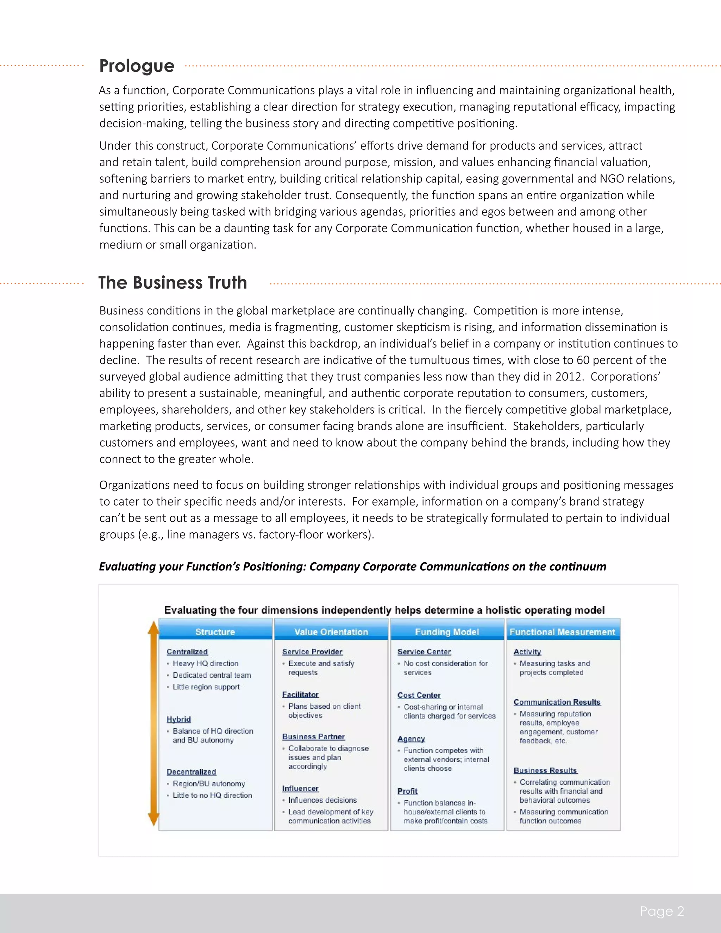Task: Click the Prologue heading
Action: pyautogui.click(x=137, y=66)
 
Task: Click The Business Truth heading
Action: pyautogui.click(x=173, y=283)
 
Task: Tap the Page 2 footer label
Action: pyautogui.click(x=662, y=911)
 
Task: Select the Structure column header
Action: pyautogui.click(x=215, y=632)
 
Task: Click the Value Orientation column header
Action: pyautogui.click(x=331, y=632)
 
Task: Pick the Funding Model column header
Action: pyautogui.click(x=447, y=632)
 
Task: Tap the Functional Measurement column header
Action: pyautogui.click(x=562, y=632)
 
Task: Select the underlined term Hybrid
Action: pyautogui.click(x=178, y=719)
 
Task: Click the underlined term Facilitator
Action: pyautogui.click(x=300, y=694)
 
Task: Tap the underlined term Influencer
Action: pyautogui.click(x=300, y=788)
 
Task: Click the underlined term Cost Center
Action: pyautogui.click(x=419, y=695)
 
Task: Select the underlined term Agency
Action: pyautogui.click(x=411, y=739)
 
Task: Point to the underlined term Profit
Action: pyautogui.click(x=407, y=791)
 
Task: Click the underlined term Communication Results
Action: pyautogui.click(x=557, y=702)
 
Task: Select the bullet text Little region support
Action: pyautogui.click(x=206, y=687)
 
